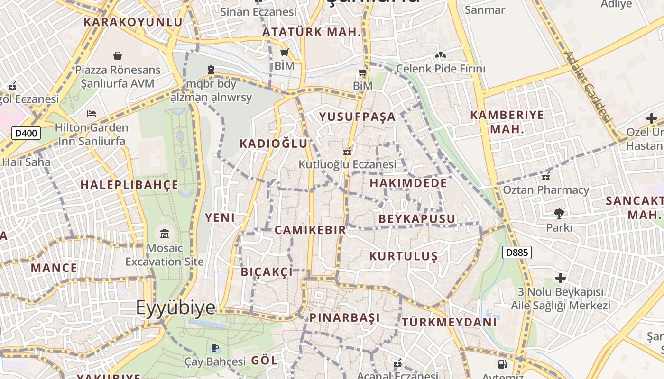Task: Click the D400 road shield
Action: click(x=26, y=133)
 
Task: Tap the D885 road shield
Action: click(x=517, y=253)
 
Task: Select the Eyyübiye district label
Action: click(x=176, y=307)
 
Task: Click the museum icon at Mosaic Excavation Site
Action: click(x=165, y=234)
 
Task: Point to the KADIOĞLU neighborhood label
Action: click(x=274, y=144)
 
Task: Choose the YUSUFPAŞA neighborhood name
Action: click(x=357, y=117)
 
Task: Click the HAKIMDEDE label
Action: click(x=408, y=183)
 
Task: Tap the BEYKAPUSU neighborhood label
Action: click(x=417, y=219)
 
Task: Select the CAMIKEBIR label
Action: click(x=310, y=230)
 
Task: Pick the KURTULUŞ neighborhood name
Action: click(x=404, y=256)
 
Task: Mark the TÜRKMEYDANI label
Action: click(x=449, y=322)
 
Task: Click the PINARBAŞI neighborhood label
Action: click(x=345, y=317)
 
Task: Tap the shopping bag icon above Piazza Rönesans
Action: click(x=118, y=56)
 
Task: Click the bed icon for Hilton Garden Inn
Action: click(x=92, y=114)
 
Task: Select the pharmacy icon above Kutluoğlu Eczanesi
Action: click(x=348, y=151)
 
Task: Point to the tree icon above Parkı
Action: click(x=559, y=213)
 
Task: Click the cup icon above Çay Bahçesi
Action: click(x=215, y=348)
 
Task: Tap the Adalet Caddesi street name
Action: click(x=588, y=87)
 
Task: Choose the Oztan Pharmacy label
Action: click(x=546, y=190)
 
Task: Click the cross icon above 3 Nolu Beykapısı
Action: click(x=561, y=278)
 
